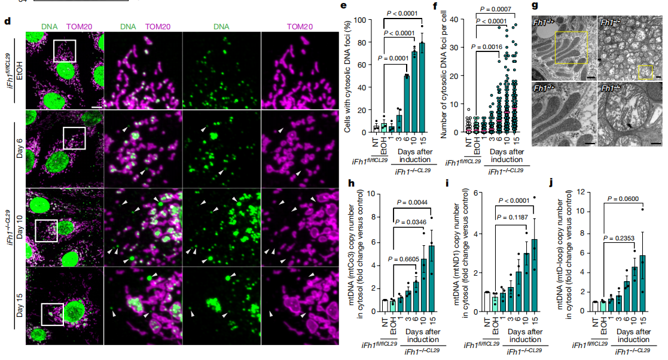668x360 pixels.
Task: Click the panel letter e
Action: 343,8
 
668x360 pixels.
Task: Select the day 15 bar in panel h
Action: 432,279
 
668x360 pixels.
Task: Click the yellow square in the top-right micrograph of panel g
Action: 645,72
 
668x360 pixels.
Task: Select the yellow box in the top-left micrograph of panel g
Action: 572,48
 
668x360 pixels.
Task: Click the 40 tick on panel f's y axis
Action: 460,20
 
